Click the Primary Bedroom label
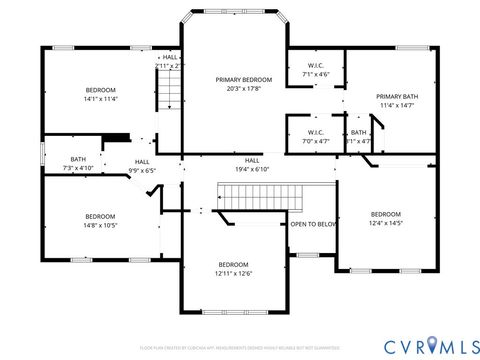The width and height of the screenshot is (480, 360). [x=245, y=79]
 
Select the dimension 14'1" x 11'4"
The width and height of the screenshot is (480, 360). [x=100, y=99]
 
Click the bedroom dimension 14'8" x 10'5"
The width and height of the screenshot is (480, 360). [x=100, y=226]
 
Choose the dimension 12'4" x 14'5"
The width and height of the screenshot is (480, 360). [x=385, y=223]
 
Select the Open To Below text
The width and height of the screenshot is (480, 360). [x=313, y=224]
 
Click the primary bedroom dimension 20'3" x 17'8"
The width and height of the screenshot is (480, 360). [x=245, y=88]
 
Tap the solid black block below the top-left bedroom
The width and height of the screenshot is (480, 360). [x=117, y=139]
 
